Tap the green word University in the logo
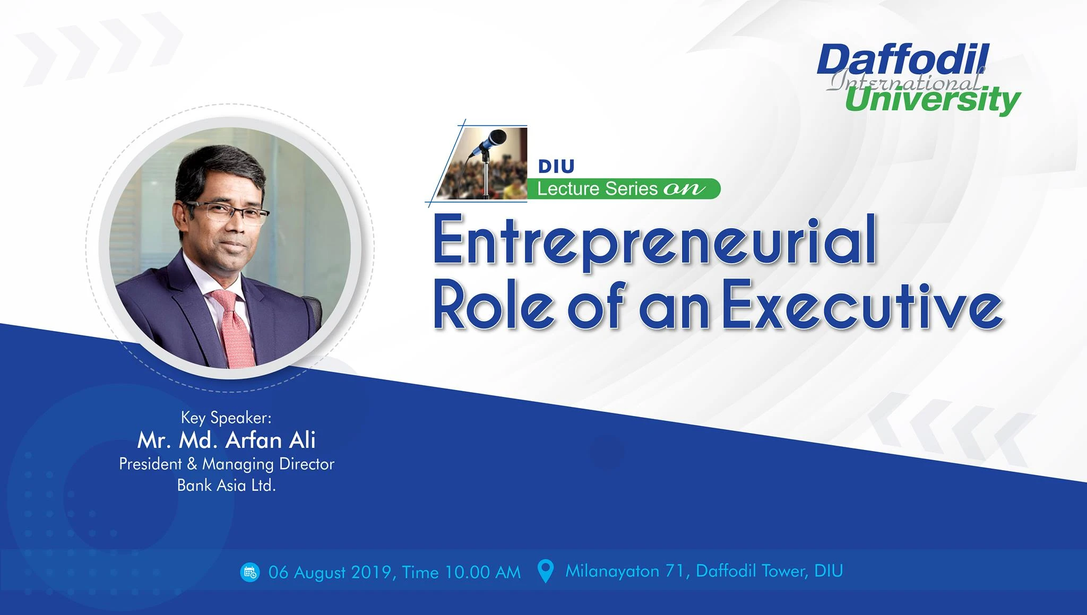933,100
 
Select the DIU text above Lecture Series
556,166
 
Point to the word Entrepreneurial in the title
655,242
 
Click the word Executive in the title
863,307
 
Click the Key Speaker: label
226,418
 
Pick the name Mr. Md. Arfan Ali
227,440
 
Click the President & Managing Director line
227,464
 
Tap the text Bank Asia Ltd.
227,485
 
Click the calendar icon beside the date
250,572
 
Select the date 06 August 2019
330,572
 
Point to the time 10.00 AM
483,572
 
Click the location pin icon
545,571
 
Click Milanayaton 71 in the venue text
626,571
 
